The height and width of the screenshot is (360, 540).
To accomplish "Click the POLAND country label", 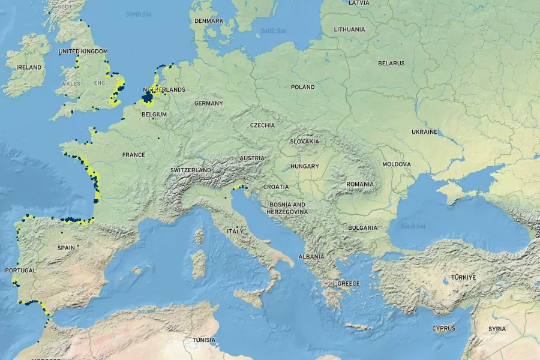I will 302,87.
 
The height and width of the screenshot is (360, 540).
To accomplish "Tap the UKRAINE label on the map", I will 424,131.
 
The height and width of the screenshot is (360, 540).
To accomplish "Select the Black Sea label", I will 413,226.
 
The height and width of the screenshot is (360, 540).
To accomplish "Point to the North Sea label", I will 139,14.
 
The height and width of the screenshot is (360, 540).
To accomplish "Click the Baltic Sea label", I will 273,31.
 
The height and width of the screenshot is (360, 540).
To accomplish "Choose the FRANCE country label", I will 133,155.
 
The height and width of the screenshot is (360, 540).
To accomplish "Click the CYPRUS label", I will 443,328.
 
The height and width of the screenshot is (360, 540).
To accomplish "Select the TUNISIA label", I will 203,340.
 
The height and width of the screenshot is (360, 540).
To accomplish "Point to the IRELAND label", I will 29,68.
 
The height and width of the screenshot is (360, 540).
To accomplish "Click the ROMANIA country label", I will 359,184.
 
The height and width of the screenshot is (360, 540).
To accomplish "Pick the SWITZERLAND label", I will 190,170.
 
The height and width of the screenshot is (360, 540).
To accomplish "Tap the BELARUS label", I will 391,63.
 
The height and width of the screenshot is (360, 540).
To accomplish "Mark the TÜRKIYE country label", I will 463,277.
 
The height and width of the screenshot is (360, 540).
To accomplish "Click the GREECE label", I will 348,283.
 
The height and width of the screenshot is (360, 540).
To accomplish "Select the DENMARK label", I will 209,21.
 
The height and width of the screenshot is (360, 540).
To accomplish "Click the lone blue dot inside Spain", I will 77,246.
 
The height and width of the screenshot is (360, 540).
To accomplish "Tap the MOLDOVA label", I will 397,164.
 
